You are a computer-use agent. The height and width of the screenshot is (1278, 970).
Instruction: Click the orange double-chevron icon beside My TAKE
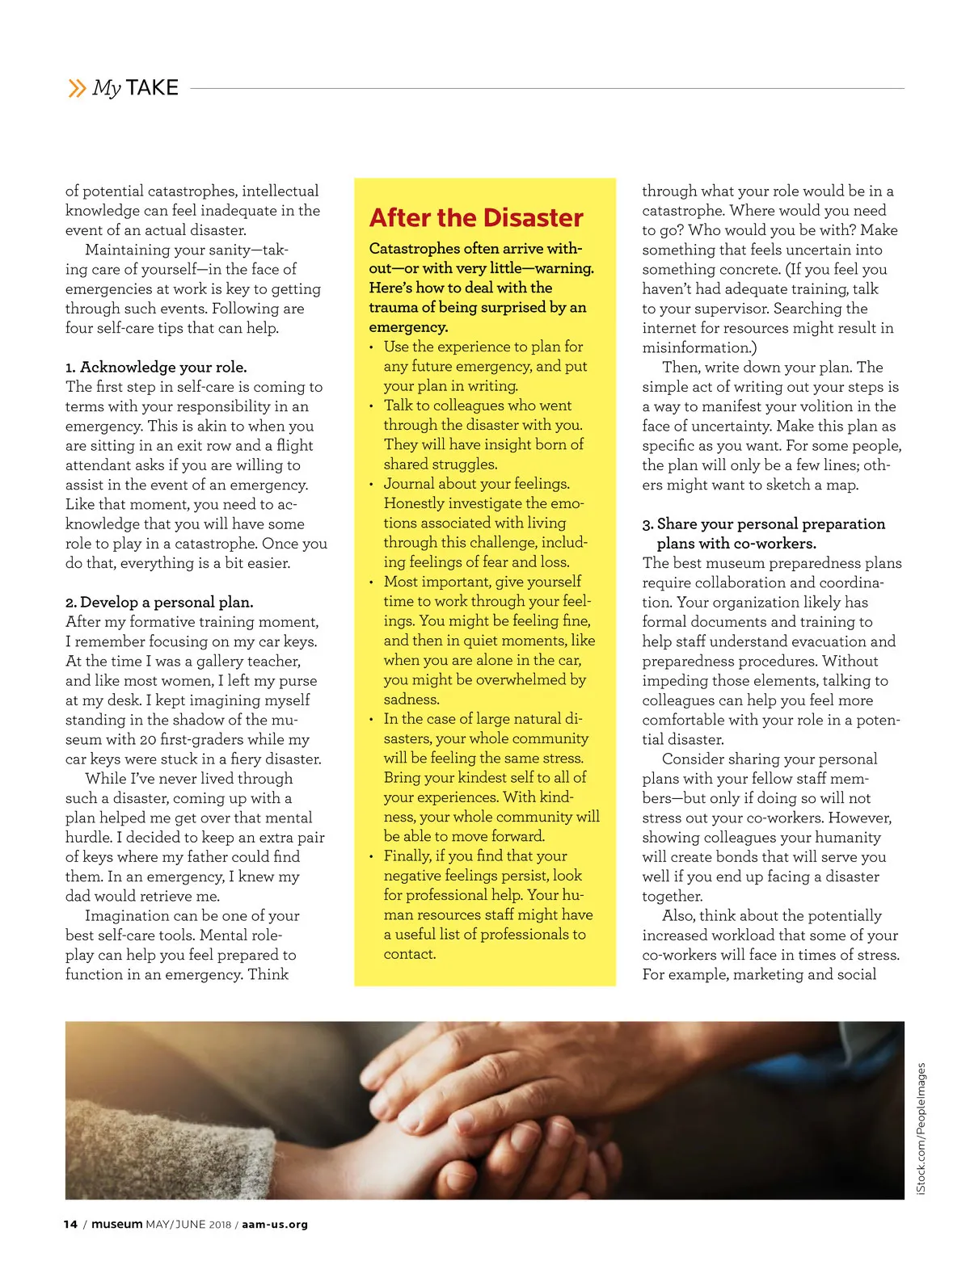pos(77,88)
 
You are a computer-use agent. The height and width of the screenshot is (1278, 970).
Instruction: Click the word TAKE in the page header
pos(152,88)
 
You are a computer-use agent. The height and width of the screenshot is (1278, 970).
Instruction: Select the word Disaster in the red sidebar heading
pos(533,218)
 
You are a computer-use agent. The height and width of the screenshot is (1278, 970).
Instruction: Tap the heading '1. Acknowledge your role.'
pos(156,368)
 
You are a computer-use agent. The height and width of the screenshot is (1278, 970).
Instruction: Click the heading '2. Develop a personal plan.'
pos(159,603)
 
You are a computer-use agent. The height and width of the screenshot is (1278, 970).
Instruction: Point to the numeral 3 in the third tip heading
pos(647,524)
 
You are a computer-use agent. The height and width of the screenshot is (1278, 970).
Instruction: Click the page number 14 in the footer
pos(70,1225)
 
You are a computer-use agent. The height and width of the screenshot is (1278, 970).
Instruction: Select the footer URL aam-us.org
pos(275,1225)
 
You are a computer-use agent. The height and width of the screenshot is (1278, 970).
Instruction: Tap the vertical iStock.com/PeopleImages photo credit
pos(921,1129)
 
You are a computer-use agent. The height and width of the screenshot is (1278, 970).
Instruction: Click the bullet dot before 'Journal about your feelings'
pos(371,485)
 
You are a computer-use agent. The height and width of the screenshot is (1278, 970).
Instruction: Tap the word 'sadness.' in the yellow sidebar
pos(411,700)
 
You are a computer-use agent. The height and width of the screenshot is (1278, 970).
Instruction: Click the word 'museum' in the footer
pos(116,1225)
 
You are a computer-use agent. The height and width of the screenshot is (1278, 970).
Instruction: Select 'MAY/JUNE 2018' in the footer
pos(188,1225)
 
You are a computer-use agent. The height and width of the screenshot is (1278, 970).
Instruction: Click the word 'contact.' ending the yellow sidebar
pos(410,954)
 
